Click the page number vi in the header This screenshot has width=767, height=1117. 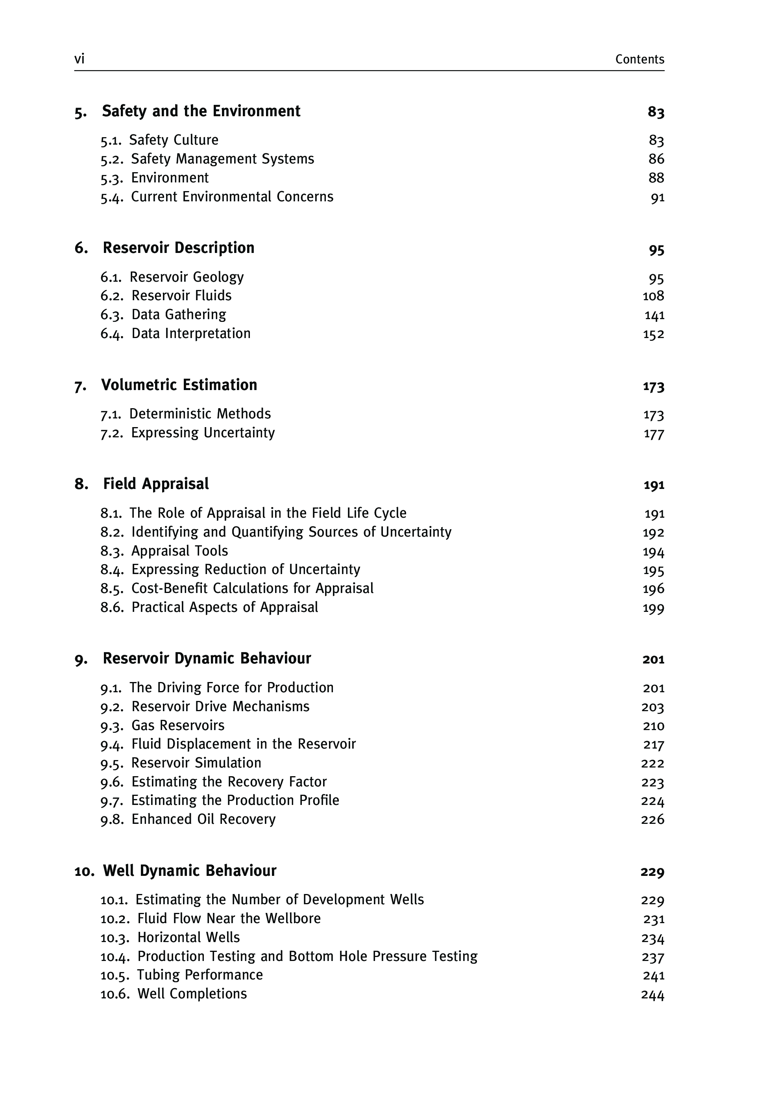pos(79,59)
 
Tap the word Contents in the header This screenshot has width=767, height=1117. pos(639,59)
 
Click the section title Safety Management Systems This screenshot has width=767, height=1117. pos(222,159)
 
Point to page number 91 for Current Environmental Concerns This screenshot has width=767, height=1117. pos(657,197)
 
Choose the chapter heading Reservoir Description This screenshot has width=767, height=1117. pos(178,248)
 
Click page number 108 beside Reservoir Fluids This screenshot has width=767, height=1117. pos(653,296)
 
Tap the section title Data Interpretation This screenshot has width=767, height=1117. pos(191,333)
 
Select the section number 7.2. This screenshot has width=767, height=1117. pos(111,433)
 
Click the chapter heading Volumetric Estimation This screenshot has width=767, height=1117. pos(179,385)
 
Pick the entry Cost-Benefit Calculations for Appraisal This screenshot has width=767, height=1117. pos(252,588)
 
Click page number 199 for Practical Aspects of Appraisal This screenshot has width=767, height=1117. pos(653,608)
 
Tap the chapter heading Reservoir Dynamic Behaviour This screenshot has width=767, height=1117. pos(207,658)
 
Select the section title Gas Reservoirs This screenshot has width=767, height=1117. pos(178,725)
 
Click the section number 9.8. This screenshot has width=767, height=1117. pos(111,820)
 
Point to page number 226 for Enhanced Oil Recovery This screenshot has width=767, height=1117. pos(652,820)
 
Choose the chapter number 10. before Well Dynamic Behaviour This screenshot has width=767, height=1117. pos(84,871)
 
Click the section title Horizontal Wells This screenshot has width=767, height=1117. pos(189,938)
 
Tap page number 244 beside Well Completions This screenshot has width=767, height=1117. pos(652,995)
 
